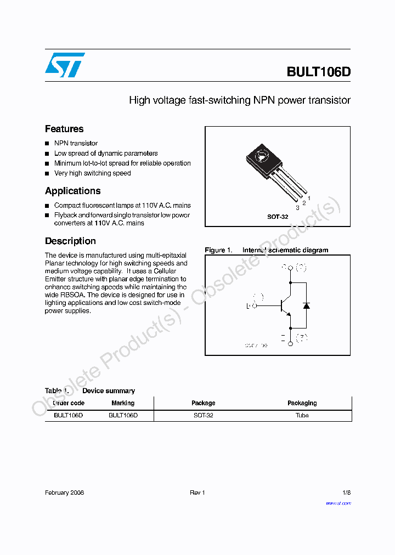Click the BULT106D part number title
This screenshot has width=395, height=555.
point(318,72)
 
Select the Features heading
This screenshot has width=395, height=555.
point(64,129)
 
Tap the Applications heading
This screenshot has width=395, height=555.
point(72,191)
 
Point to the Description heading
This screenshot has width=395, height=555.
point(70,241)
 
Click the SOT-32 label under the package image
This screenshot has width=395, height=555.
point(278,217)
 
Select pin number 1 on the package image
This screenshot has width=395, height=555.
point(309,198)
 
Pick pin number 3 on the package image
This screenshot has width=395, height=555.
point(297,208)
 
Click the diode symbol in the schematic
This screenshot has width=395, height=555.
point(306,305)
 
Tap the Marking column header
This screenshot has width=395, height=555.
point(123,403)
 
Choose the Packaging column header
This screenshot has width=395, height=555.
point(302,403)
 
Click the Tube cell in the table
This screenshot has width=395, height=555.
point(302,416)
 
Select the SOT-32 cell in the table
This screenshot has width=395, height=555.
point(204,416)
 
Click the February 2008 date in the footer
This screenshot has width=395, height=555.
point(64,492)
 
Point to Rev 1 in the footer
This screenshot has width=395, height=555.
point(198,492)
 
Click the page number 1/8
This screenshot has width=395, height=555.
point(346,492)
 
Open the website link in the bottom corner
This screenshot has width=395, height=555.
point(338,503)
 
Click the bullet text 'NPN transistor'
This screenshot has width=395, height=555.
point(76,143)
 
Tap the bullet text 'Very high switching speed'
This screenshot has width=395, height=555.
point(92,173)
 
